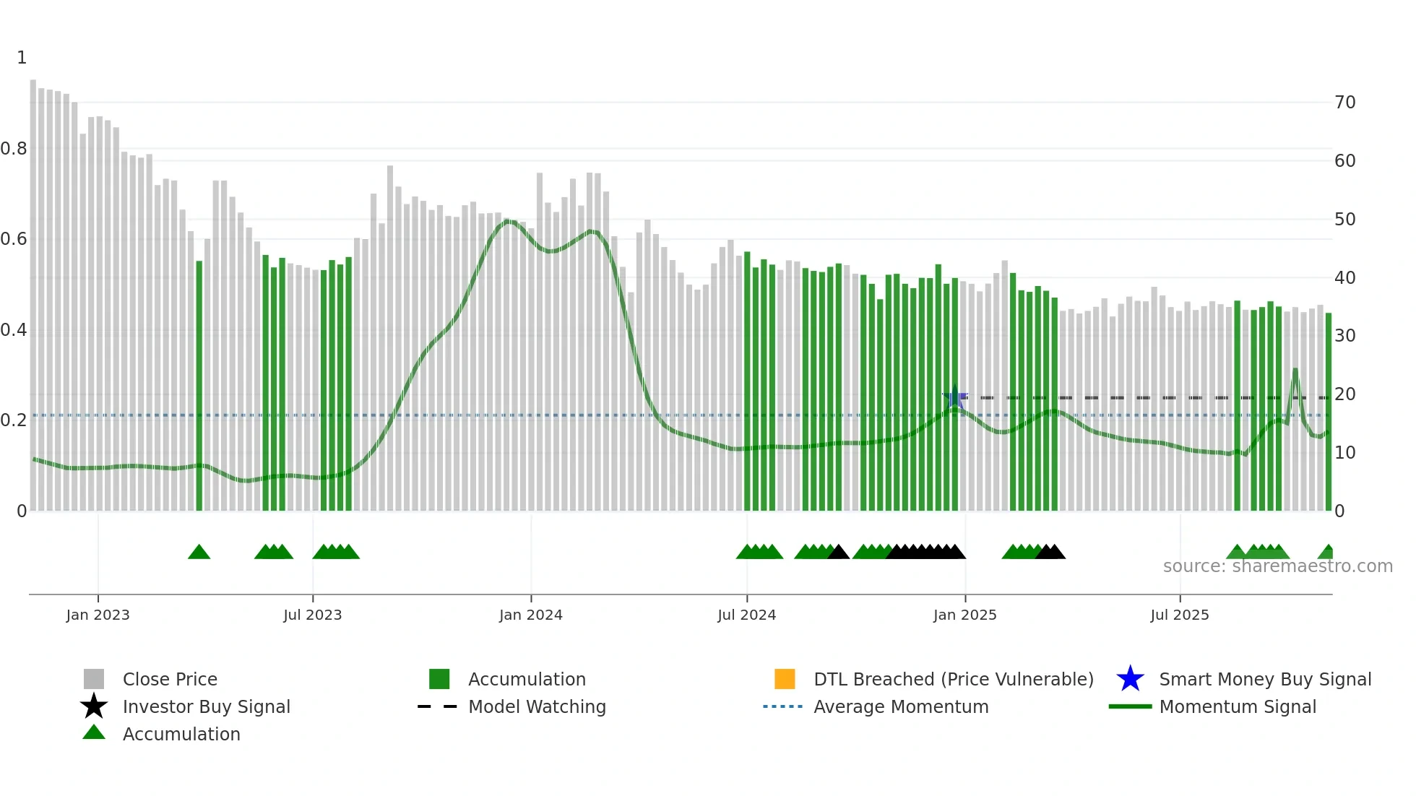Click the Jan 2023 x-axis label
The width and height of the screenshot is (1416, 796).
pyautogui.click(x=98, y=615)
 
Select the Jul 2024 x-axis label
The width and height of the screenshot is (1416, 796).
pyautogui.click(x=746, y=615)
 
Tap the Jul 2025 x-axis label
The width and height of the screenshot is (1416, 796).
pyautogui.click(x=1179, y=615)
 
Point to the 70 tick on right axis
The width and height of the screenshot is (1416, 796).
pyautogui.click(x=1344, y=103)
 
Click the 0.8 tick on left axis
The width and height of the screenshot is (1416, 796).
pyautogui.click(x=14, y=149)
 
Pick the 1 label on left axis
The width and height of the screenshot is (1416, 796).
pyautogui.click(x=22, y=58)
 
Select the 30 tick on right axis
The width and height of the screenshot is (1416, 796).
pyautogui.click(x=1344, y=336)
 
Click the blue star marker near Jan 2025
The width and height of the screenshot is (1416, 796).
pyautogui.click(x=954, y=397)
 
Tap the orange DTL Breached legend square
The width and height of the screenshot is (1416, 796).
pyautogui.click(x=785, y=679)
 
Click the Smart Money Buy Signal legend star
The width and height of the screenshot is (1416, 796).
pyautogui.click(x=1130, y=679)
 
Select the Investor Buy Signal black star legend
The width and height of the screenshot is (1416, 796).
pyautogui.click(x=94, y=706)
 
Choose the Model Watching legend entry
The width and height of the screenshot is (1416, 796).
pyautogui.click(x=537, y=706)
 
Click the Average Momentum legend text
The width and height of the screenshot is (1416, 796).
pyautogui.click(x=900, y=706)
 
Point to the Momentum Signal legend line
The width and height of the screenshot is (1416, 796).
pyautogui.click(x=1130, y=706)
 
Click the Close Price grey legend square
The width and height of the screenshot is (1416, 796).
pyautogui.click(x=94, y=679)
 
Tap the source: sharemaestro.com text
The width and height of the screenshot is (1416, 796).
pyautogui.click(x=1277, y=566)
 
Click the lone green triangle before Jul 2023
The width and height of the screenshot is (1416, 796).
pyautogui.click(x=199, y=553)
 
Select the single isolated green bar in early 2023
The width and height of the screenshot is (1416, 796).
pyautogui.click(x=199, y=386)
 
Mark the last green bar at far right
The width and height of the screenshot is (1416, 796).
pyautogui.click(x=1328, y=412)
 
